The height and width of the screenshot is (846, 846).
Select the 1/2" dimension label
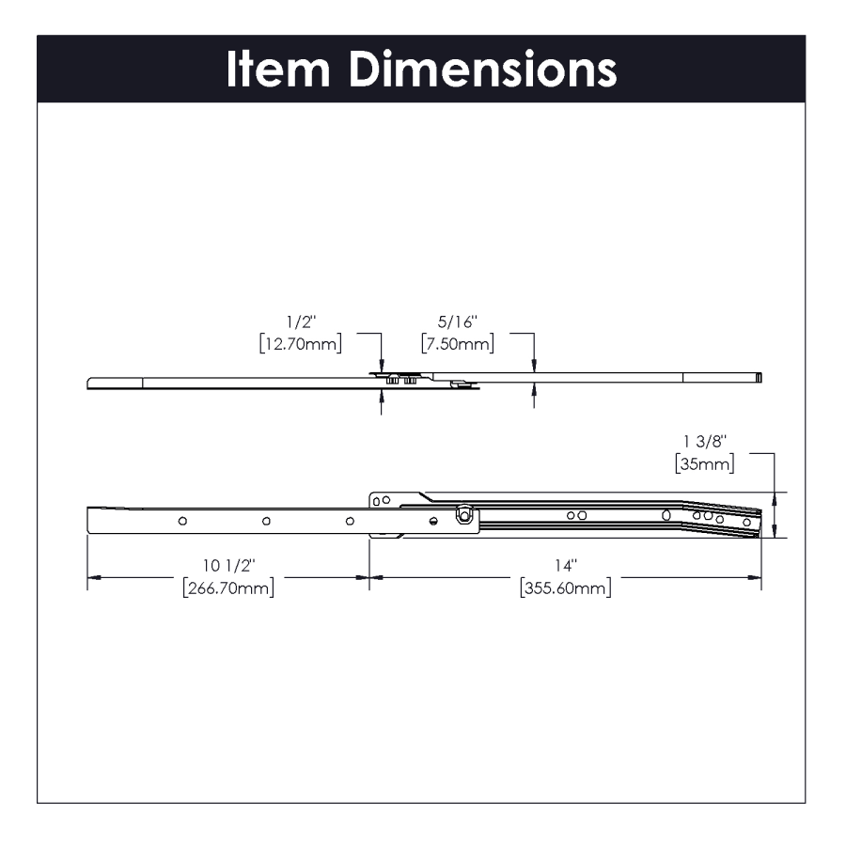point(301,322)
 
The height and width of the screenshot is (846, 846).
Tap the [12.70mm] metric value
point(301,344)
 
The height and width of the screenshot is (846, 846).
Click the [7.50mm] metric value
point(458,344)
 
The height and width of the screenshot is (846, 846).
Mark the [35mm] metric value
point(705,464)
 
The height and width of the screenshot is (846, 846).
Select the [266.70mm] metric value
point(227,588)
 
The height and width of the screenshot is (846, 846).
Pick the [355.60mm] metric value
point(565,588)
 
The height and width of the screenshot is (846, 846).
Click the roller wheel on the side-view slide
point(463,514)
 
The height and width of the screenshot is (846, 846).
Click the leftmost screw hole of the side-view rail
point(182,520)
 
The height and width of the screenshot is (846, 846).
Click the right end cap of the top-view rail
point(759,378)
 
